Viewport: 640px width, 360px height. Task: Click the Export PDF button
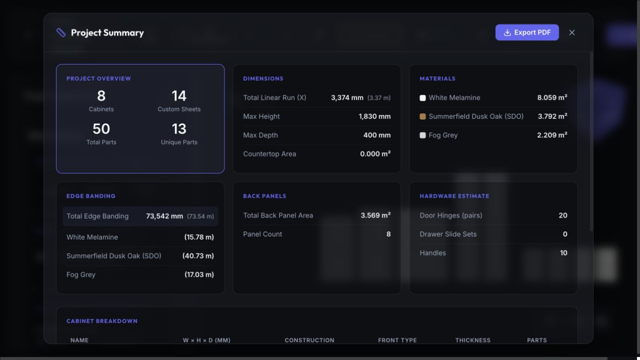527,32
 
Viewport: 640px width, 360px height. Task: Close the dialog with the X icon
572,33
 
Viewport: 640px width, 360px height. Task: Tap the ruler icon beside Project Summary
61,33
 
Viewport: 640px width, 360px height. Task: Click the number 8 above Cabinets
101,96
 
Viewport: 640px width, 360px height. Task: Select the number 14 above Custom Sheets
179,96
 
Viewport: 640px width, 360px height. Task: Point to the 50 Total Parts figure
101,129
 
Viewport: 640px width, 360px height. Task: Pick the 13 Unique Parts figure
179,129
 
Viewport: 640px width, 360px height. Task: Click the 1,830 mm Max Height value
375,116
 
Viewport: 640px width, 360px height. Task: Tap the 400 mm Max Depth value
377,135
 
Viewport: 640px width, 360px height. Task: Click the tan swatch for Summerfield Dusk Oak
423,116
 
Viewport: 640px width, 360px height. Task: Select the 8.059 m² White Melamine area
552,97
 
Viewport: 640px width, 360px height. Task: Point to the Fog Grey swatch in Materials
423,136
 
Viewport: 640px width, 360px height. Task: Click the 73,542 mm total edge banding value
164,216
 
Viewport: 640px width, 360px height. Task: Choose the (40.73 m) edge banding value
198,256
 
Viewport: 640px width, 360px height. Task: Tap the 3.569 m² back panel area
375,215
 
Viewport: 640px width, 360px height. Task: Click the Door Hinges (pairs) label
451,215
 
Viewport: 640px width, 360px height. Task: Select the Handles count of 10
563,253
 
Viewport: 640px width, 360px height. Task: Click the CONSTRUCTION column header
310,340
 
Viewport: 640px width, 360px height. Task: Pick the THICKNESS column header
473,340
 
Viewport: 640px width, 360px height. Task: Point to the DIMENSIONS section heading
263,79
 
